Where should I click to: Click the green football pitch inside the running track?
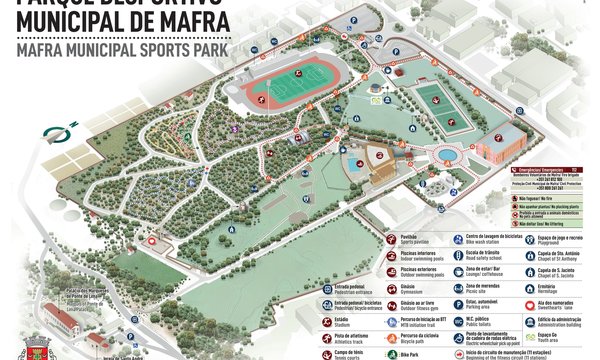tap(292, 84)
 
